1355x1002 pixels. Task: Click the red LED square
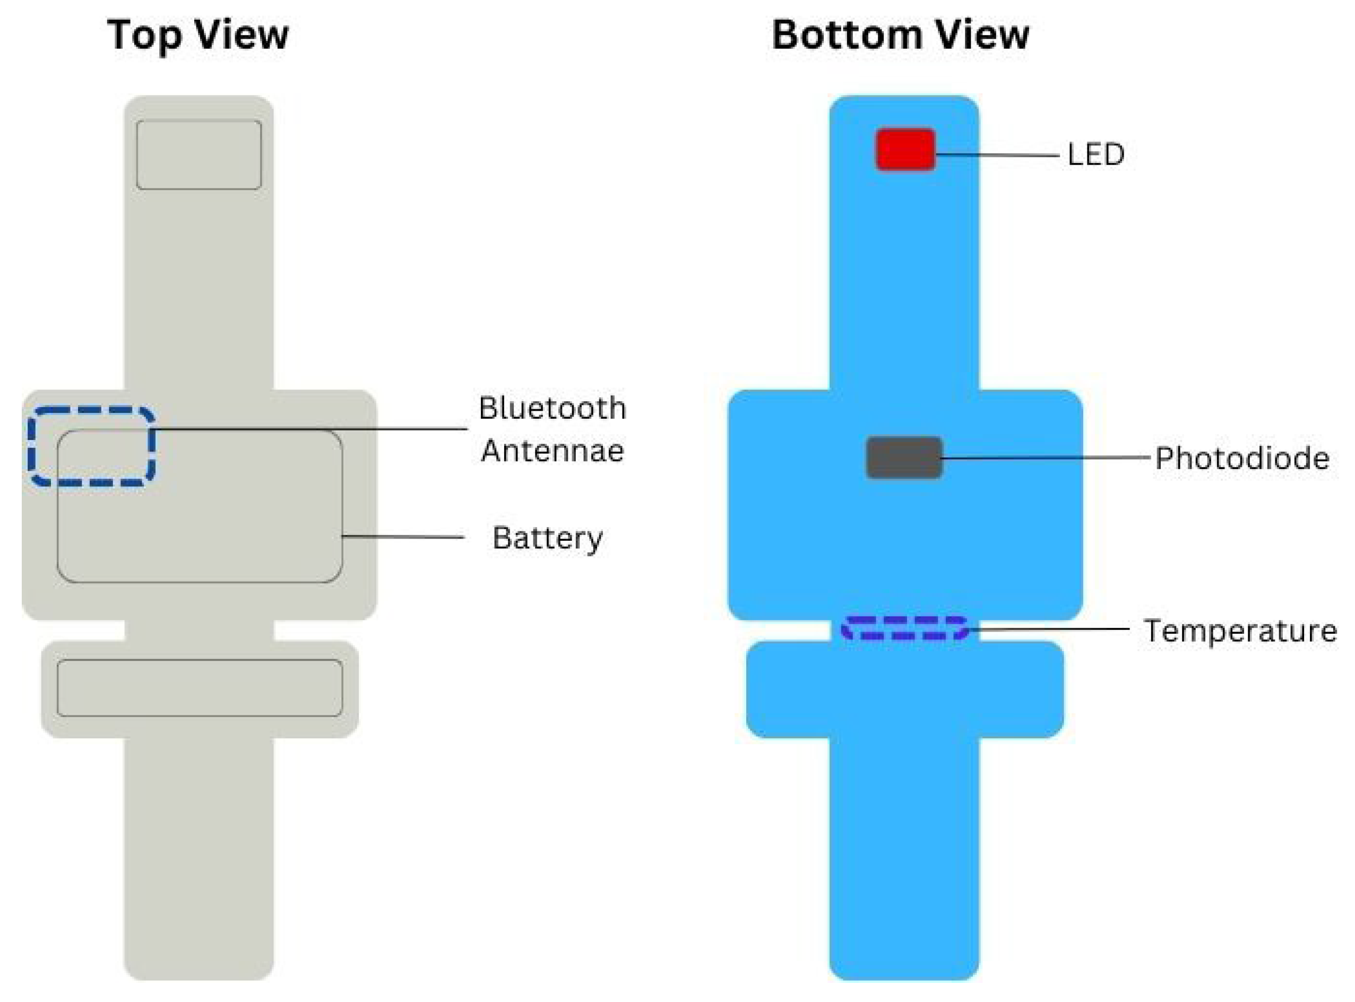(905, 149)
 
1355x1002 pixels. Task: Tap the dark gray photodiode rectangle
(904, 458)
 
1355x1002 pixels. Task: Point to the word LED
(1095, 154)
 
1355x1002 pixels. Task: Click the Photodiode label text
(1241, 459)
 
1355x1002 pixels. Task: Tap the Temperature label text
(1240, 631)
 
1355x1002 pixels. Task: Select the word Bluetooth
(552, 408)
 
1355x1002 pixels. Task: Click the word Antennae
(552, 451)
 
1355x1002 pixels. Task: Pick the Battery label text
(547, 538)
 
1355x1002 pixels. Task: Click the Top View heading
(198, 34)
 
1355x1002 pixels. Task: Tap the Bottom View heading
(900, 34)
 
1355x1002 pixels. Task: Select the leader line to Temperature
(1049, 629)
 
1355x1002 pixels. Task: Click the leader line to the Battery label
(403, 537)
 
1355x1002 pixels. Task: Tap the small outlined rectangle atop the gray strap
(199, 154)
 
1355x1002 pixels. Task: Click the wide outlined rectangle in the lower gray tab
(200, 688)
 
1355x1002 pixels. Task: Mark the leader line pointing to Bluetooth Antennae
(309, 429)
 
